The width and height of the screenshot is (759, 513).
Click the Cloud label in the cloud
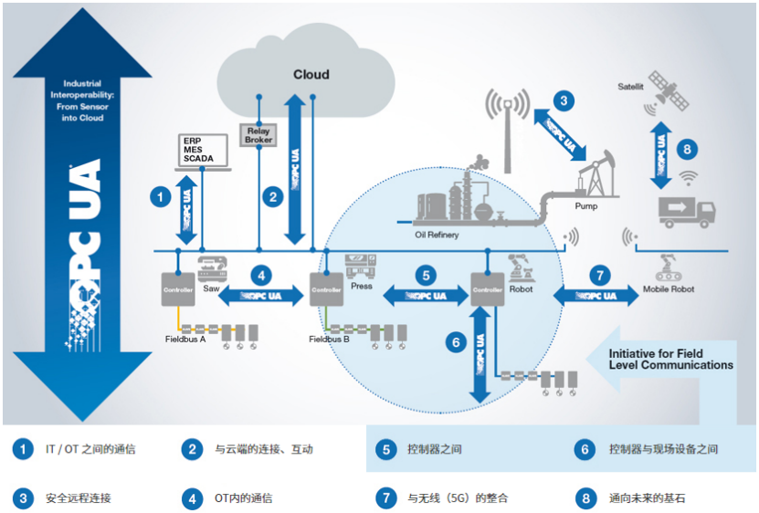[311, 75]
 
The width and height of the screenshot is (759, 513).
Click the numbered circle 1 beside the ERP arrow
[161, 195]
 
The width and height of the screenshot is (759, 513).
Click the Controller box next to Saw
[175, 287]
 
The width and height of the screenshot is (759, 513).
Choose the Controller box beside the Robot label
[487, 287]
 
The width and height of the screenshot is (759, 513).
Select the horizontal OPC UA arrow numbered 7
[599, 296]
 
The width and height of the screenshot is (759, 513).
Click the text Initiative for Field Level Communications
[670, 359]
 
